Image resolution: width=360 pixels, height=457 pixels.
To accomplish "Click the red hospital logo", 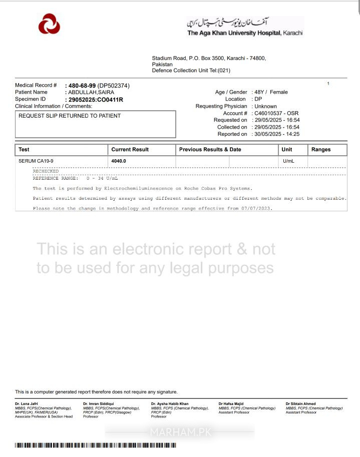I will tap(49, 24).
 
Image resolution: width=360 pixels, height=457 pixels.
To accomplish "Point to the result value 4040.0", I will tap(119, 161).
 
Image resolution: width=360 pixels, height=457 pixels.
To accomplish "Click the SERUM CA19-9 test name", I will tap(36, 161).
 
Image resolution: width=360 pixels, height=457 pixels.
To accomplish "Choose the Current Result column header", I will tap(130, 150).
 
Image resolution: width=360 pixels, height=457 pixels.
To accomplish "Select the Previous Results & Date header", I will tap(210, 150).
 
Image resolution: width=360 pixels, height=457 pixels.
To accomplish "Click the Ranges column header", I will tap(321, 150).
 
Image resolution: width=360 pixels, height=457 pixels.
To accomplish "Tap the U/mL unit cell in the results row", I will tap(288, 161).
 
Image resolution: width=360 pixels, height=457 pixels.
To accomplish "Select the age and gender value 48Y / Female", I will tap(271, 92).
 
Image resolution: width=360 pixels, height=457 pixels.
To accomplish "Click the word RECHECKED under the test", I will tap(46, 171).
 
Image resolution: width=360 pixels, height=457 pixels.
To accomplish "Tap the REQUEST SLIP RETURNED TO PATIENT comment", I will tap(70, 116).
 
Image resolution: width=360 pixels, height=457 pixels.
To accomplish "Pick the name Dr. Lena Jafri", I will tap(26, 403).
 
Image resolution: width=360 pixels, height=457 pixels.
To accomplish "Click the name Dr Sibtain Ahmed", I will tap(300, 403).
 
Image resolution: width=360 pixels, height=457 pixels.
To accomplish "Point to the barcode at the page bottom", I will tap(95, 445).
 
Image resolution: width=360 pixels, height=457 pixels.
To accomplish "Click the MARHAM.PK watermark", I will tap(180, 432).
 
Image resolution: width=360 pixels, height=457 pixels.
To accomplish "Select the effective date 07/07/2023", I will tap(256, 208).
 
